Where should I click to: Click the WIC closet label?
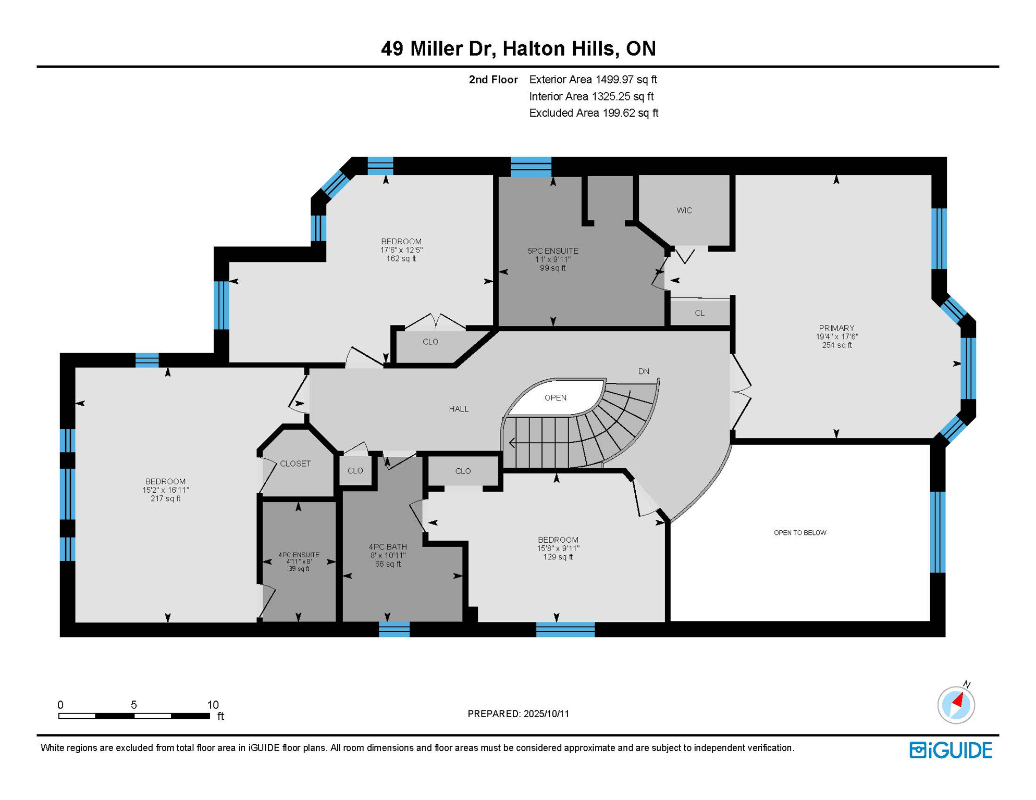click(x=684, y=210)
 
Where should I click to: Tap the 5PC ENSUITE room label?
click(x=552, y=251)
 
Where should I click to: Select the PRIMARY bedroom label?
click(x=836, y=328)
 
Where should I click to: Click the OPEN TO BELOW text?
click(x=800, y=532)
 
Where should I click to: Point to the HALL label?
click(x=459, y=409)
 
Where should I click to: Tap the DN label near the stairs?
click(x=644, y=371)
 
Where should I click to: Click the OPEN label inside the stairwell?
click(x=555, y=397)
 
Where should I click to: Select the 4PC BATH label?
click(x=388, y=546)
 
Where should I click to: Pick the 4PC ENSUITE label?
click(x=299, y=555)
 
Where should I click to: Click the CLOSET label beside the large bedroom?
click(x=295, y=464)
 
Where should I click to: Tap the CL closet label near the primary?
click(x=699, y=313)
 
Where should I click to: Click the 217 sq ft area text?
click(x=165, y=498)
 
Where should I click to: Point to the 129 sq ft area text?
click(x=558, y=557)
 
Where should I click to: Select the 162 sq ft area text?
click(x=401, y=258)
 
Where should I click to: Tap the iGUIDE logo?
click(x=951, y=750)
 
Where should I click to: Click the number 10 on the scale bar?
click(x=213, y=705)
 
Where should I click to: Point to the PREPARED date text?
click(x=518, y=714)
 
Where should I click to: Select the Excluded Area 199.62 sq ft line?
click(x=594, y=113)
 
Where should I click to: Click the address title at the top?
click(x=518, y=48)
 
